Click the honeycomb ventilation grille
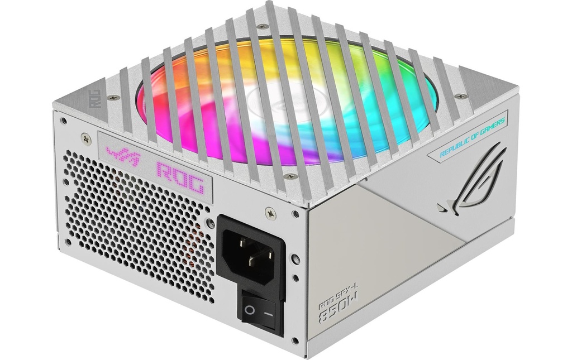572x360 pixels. point(140,218)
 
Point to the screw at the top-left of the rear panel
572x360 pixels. point(64,120)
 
